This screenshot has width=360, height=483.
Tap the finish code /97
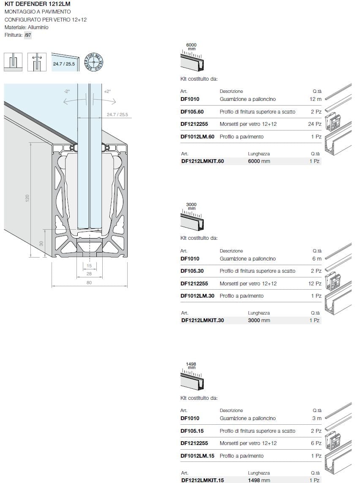pos(28,35)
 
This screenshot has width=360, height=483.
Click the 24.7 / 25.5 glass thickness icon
pos(65,62)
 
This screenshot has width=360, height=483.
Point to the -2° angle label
pos(67,91)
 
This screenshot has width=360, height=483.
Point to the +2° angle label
pos(107,91)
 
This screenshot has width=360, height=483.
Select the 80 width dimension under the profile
pos(89,282)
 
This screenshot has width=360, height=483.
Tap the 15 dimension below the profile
pos(89,266)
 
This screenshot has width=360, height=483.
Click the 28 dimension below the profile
pos(89,274)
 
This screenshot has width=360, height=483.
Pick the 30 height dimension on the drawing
pos(41,243)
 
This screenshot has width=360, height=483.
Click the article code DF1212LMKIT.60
pos(202,161)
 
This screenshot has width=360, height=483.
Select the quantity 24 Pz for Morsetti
pos(315,124)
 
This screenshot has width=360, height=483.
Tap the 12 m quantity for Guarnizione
pos(316,99)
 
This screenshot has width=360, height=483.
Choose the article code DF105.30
pos(192,271)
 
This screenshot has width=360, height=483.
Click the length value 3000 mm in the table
pos(259,320)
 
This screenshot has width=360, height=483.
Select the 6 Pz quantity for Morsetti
pos(316,443)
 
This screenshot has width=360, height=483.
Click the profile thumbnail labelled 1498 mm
pos(192,378)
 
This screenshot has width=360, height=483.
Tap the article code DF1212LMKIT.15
pos(202,480)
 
